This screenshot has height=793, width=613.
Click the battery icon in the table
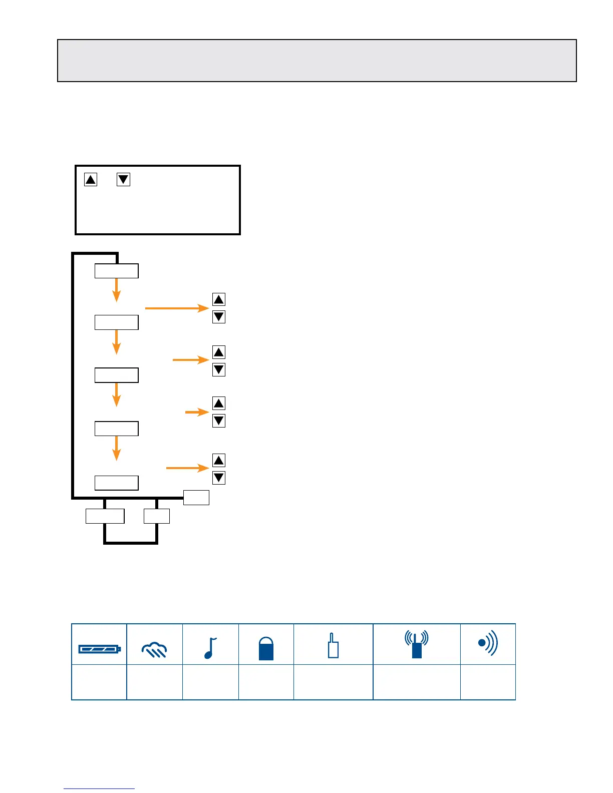pos(99,649)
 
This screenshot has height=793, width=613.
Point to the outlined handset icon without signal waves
pos(333,646)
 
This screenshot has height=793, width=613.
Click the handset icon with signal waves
pos(417,645)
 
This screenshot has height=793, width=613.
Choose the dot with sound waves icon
pos(488,643)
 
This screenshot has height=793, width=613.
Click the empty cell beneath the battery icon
pos(99,682)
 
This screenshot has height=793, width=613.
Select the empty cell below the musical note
pos(210,682)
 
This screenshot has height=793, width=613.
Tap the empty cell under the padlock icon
pos(266,682)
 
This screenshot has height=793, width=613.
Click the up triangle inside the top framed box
pos(91,179)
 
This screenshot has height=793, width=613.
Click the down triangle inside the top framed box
pos(123,179)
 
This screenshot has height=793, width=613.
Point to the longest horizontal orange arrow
pos(177,308)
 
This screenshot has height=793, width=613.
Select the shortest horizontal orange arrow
pos(197,412)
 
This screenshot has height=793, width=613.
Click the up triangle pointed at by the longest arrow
pos(219,299)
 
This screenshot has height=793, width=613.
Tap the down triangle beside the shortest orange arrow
pos(219,421)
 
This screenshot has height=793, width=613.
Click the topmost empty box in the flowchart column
pos(117,271)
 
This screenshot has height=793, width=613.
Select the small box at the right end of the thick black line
pos(196,498)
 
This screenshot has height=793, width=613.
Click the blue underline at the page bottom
pos(99,789)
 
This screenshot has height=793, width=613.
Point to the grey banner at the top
pos(317,61)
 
